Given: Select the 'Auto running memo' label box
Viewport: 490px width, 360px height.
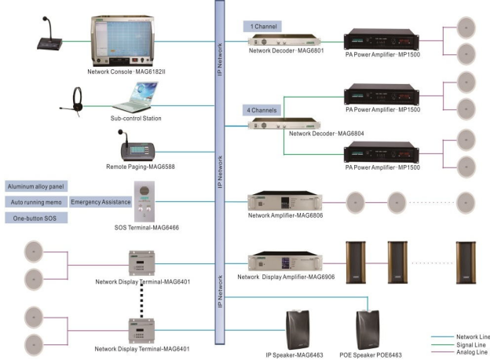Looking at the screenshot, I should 35,202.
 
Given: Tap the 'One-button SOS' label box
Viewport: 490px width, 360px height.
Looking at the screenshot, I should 35,217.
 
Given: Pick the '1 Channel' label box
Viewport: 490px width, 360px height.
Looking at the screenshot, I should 262,26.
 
